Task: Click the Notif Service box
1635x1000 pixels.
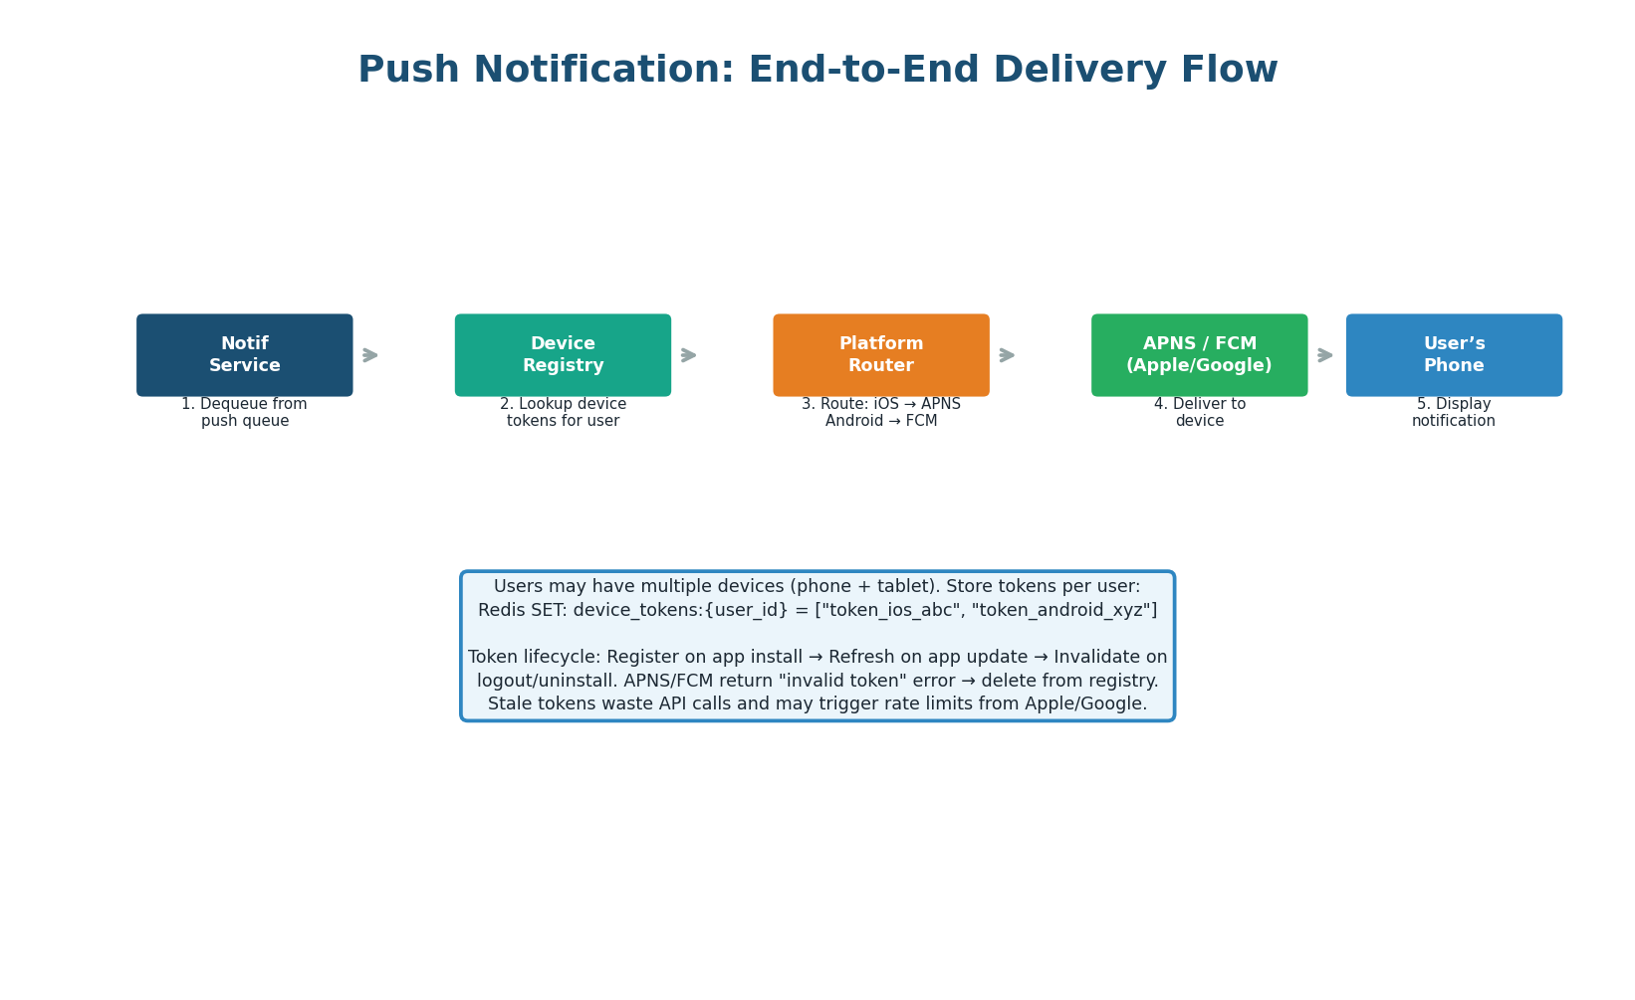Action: [245, 355]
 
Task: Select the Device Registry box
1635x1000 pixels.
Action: [563, 355]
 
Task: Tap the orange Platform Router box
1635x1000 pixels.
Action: [881, 355]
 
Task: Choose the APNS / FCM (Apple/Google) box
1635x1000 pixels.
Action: [1199, 355]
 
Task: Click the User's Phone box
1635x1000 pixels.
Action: [1454, 355]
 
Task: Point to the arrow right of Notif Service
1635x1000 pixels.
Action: [370, 355]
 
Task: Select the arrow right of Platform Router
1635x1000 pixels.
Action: [1007, 355]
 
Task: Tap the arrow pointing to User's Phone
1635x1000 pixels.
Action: [1325, 355]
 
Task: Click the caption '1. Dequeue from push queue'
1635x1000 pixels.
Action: [245, 413]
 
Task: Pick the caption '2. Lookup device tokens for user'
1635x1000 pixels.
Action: [563, 413]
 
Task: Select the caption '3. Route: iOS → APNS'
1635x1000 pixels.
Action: [881, 404]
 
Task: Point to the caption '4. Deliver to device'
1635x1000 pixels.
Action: [1199, 413]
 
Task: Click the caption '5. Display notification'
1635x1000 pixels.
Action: [1454, 413]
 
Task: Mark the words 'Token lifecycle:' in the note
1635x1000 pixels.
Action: [534, 658]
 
